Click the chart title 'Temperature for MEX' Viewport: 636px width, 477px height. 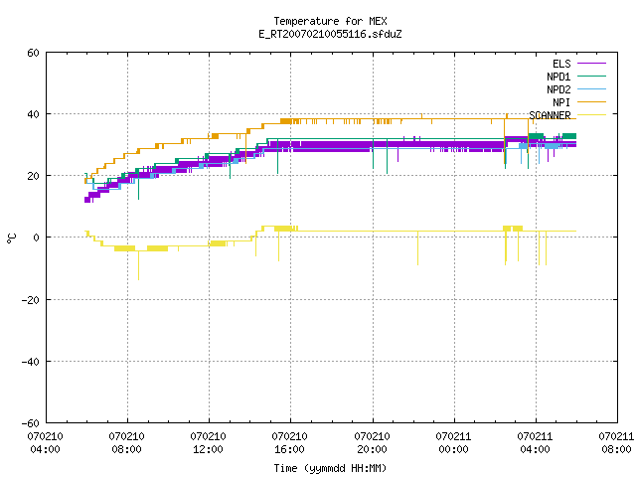tap(330, 21)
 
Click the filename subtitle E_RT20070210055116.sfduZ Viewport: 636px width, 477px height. tap(330, 34)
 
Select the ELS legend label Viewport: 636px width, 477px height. tap(561, 64)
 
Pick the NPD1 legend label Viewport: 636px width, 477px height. tap(558, 77)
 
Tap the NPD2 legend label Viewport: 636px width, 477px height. tap(558, 89)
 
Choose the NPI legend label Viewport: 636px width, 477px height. tap(561, 102)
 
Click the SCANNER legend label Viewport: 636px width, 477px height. tap(550, 115)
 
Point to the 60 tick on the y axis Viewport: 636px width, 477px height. tap(33, 53)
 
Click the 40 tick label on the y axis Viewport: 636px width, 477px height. tap(33, 114)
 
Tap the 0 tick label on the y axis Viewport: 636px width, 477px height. tap(36, 238)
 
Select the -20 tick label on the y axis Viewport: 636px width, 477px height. tap(31, 300)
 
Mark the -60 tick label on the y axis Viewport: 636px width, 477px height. tap(31, 423)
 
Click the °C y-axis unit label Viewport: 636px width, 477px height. tap(11, 238)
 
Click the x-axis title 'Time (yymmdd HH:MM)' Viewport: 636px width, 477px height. tap(330, 468)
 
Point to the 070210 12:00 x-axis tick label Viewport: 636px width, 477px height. tap(208, 443)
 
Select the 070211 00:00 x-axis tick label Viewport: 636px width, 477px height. tap(453, 443)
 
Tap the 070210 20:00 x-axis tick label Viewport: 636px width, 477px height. tap(372, 443)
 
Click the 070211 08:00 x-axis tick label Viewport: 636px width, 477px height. tap(616, 443)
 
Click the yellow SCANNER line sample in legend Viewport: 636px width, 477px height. tap(591, 115)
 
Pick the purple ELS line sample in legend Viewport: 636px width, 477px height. tap(591, 64)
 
